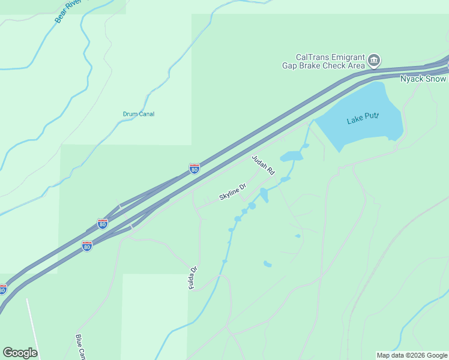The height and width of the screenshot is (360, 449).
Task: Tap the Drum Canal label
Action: (x=139, y=114)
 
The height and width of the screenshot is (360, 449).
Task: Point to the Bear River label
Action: (x=69, y=11)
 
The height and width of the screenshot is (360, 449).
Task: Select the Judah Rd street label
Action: (x=263, y=164)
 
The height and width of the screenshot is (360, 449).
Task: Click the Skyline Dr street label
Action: (x=233, y=193)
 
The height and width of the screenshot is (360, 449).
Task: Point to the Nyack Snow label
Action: (x=423, y=79)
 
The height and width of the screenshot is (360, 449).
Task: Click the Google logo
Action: (x=20, y=353)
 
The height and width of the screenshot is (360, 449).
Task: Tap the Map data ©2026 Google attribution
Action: (x=412, y=355)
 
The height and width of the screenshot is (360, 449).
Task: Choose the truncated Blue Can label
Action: (x=79, y=347)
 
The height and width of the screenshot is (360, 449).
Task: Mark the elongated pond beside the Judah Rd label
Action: (x=292, y=157)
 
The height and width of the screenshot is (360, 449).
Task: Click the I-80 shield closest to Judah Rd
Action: (x=194, y=169)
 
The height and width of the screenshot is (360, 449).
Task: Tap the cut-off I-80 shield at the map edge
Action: (x=2, y=290)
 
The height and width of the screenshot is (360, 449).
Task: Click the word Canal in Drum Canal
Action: (x=146, y=114)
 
